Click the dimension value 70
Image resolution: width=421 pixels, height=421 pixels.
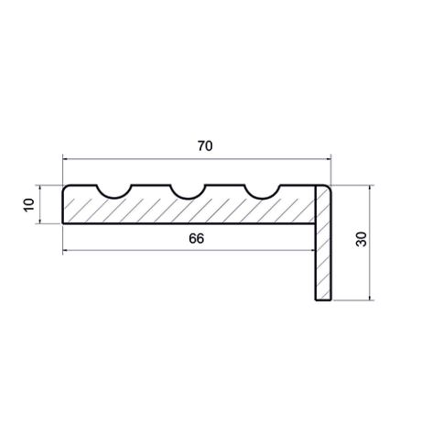coord(205,146)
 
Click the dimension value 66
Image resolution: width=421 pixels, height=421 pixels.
coord(197,239)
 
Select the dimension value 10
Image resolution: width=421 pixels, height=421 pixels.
coord(29,205)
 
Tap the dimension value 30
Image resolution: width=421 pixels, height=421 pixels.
coord(362,239)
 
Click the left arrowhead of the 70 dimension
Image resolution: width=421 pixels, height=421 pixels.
coord(66,159)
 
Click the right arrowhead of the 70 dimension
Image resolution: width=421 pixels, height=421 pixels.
coord(328,159)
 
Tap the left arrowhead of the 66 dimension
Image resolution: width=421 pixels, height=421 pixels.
coord(66,251)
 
